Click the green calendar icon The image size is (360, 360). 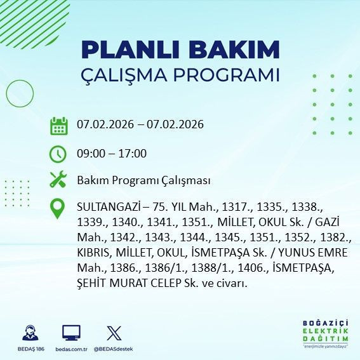tap(58, 125)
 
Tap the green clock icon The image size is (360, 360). tap(58, 154)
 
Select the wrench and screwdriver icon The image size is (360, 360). tap(58, 180)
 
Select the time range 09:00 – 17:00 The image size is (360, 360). tap(111, 154)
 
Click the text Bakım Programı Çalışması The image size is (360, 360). tap(143, 180)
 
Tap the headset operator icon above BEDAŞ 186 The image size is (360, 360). tap(29, 333)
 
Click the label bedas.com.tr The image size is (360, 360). tap(71, 349)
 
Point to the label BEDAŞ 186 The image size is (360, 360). tap(29, 349)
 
